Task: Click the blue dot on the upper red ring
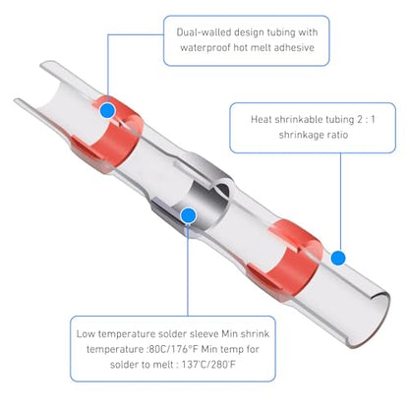click(x=107, y=110)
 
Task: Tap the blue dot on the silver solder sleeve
click(x=188, y=215)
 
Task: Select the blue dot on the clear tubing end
click(x=338, y=258)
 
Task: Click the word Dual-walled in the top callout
click(x=204, y=32)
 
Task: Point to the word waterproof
click(x=204, y=48)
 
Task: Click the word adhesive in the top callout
click(x=294, y=47)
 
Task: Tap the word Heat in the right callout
click(x=262, y=119)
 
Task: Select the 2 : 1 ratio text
click(x=366, y=119)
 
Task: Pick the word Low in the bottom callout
click(x=86, y=334)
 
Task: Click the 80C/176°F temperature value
click(x=174, y=349)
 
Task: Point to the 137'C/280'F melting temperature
click(x=208, y=365)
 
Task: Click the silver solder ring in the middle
click(x=209, y=197)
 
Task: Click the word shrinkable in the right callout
click(x=298, y=119)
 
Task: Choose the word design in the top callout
click(x=249, y=32)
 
